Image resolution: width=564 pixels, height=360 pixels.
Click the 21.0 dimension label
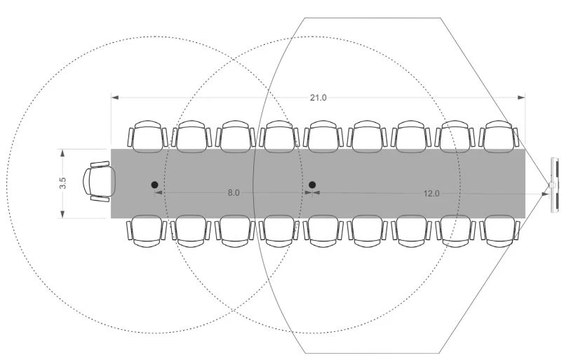tap(318, 98)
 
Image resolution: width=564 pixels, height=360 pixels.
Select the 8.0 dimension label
tap(234, 193)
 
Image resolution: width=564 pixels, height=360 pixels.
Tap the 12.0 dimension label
tap(431, 194)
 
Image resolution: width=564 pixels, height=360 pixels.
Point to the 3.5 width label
tap(63, 183)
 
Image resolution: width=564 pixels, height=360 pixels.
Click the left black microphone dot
tap(154, 185)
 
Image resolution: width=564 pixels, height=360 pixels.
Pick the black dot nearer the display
tap(312, 185)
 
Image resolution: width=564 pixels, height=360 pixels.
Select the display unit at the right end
tap(555, 185)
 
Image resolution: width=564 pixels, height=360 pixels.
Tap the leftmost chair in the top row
tap(147, 136)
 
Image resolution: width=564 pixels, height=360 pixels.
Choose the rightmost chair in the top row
tap(499, 136)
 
